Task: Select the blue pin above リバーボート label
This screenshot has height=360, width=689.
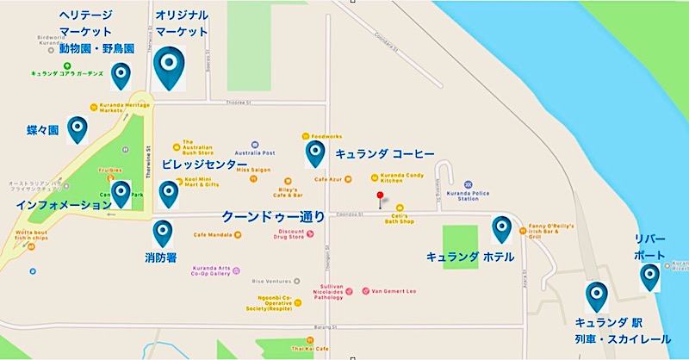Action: (649, 276)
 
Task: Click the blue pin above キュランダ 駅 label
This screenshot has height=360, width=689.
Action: (595, 295)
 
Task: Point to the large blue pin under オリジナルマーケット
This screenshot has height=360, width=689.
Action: (169, 67)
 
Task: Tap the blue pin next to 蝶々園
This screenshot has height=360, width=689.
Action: (78, 129)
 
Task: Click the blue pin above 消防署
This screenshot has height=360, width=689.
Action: (162, 233)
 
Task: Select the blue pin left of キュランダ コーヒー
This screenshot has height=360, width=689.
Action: (314, 153)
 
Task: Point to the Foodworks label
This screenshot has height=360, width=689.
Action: (327, 136)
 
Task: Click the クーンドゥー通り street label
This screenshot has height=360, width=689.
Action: (273, 217)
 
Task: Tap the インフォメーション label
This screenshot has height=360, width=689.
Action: (58, 206)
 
